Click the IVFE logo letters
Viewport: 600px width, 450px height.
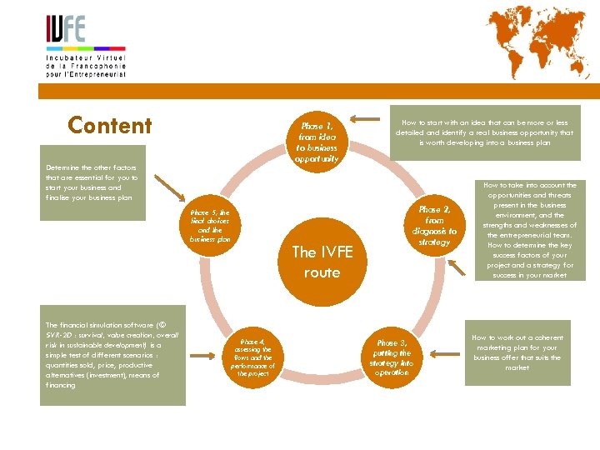point(66,31)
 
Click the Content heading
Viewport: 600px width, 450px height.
point(110,126)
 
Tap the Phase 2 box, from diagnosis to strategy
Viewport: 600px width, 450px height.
point(434,226)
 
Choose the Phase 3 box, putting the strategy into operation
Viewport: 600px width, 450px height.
point(392,357)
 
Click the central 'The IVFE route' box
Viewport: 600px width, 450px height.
point(322,262)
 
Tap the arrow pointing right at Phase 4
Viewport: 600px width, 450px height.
point(202,354)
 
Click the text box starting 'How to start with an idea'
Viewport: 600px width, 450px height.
point(484,132)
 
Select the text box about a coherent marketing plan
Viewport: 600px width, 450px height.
point(517,352)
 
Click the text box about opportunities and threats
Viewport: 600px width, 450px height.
point(529,230)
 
